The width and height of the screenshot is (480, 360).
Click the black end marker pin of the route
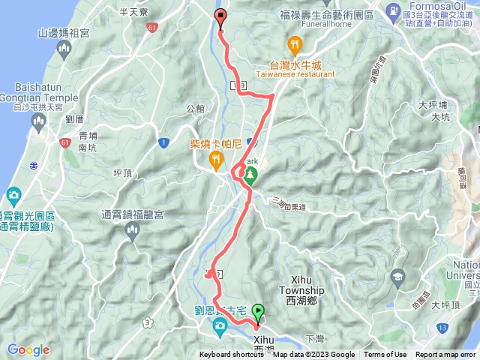220,17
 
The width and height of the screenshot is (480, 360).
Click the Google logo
28,349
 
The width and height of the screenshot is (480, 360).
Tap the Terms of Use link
385,355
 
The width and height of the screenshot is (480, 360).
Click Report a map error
445,355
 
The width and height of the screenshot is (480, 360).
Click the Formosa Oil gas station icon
392,10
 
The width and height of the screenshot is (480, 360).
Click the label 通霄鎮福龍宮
133,214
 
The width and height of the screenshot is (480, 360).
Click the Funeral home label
325,23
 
